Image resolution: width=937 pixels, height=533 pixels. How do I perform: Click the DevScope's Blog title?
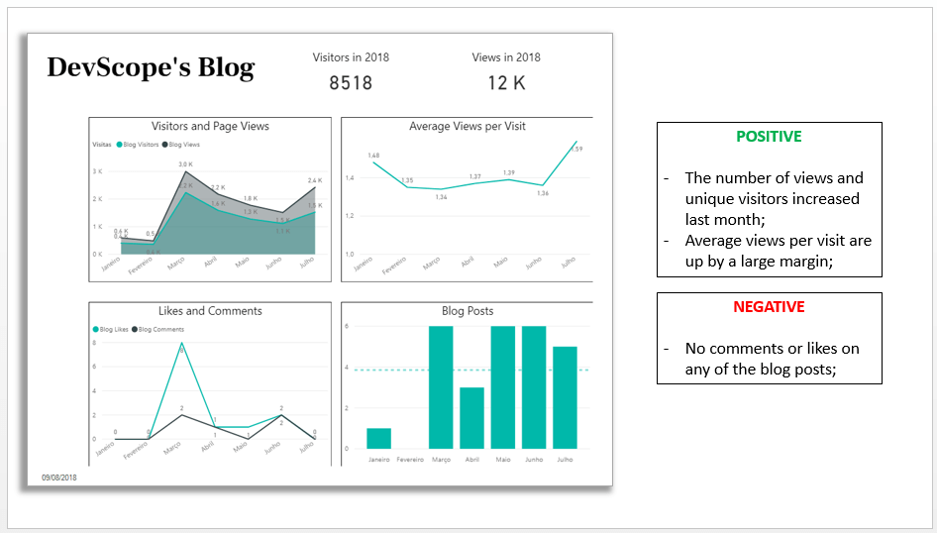151,67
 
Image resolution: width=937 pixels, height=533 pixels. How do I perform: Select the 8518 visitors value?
351,83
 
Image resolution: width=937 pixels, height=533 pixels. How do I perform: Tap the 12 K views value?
506,83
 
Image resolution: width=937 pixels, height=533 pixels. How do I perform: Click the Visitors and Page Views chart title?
210,127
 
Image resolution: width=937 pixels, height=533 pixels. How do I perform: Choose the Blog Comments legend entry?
157,329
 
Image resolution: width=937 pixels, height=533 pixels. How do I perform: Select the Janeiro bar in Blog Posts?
378,438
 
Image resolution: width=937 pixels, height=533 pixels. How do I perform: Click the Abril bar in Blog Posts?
472,417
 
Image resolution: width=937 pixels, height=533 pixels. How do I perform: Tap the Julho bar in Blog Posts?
565,396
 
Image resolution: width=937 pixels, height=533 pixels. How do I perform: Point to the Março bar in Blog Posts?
441,386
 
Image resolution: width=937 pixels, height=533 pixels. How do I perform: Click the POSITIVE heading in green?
769,137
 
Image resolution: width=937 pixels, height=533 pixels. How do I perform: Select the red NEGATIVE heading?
769,307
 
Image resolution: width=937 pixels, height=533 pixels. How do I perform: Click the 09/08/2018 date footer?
59,478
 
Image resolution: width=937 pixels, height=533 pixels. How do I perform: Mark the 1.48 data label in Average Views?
373,156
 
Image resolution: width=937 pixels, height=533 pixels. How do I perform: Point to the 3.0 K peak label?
185,163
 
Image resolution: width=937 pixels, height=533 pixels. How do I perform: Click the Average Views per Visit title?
467,127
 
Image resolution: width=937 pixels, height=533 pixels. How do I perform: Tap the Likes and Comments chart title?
210,311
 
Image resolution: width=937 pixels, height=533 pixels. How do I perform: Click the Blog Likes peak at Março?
181,346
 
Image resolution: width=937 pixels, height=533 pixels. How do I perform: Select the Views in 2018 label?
506,57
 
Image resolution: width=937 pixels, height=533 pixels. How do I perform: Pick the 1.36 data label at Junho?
542,193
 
